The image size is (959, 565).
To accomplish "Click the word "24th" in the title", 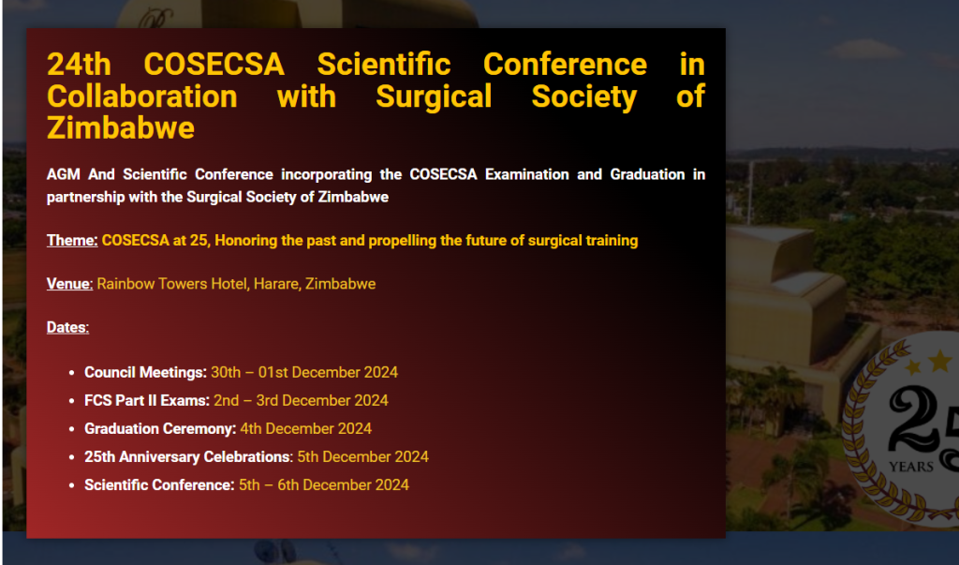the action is [x=79, y=65].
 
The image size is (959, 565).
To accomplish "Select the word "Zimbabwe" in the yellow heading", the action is [x=121, y=128].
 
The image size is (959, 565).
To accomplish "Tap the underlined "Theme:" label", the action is [x=72, y=241].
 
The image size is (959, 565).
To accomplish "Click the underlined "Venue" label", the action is [x=68, y=284].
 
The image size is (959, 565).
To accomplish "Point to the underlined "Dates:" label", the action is [x=67, y=328].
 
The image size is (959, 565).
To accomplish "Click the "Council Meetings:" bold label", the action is [x=145, y=373].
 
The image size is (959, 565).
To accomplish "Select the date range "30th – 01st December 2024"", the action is [x=304, y=372].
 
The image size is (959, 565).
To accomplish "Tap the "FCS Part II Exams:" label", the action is [x=147, y=400].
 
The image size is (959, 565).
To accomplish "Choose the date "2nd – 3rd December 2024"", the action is [x=301, y=400].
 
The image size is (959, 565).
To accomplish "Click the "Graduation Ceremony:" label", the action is [x=160, y=428].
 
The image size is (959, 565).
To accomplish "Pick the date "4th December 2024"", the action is [x=306, y=428].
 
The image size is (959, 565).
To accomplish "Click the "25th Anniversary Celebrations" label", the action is [x=187, y=456].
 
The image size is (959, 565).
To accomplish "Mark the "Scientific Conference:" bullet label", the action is [x=159, y=484].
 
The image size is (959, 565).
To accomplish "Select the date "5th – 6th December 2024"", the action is [x=323, y=484].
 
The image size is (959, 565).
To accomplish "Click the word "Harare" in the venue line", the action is [x=277, y=284].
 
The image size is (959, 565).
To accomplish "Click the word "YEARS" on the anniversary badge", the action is [x=911, y=467].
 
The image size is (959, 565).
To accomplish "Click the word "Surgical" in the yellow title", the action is [x=434, y=97].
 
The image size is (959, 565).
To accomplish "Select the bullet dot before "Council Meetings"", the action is [x=71, y=373].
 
